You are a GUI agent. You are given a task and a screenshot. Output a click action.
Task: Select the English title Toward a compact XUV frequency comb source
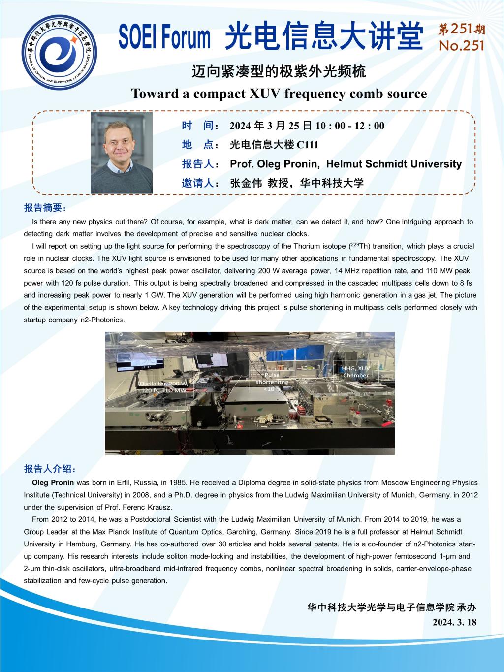[x=279, y=94]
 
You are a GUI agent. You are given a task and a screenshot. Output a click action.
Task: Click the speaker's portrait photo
[x=122, y=153]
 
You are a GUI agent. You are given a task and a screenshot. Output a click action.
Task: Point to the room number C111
[x=308, y=145]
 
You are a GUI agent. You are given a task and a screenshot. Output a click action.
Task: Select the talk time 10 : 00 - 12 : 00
[x=350, y=126]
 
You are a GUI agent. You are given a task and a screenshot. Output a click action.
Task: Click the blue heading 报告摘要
[x=44, y=208]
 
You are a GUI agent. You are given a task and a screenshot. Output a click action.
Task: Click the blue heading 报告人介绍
[x=50, y=468]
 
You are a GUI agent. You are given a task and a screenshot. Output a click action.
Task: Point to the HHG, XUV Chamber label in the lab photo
[x=356, y=372]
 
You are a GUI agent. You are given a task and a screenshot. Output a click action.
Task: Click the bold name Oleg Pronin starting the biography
[x=53, y=482]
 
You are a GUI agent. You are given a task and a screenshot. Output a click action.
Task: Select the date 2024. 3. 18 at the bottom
[x=454, y=622]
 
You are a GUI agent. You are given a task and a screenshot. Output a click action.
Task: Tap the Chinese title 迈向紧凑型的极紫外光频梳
[x=279, y=72]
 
